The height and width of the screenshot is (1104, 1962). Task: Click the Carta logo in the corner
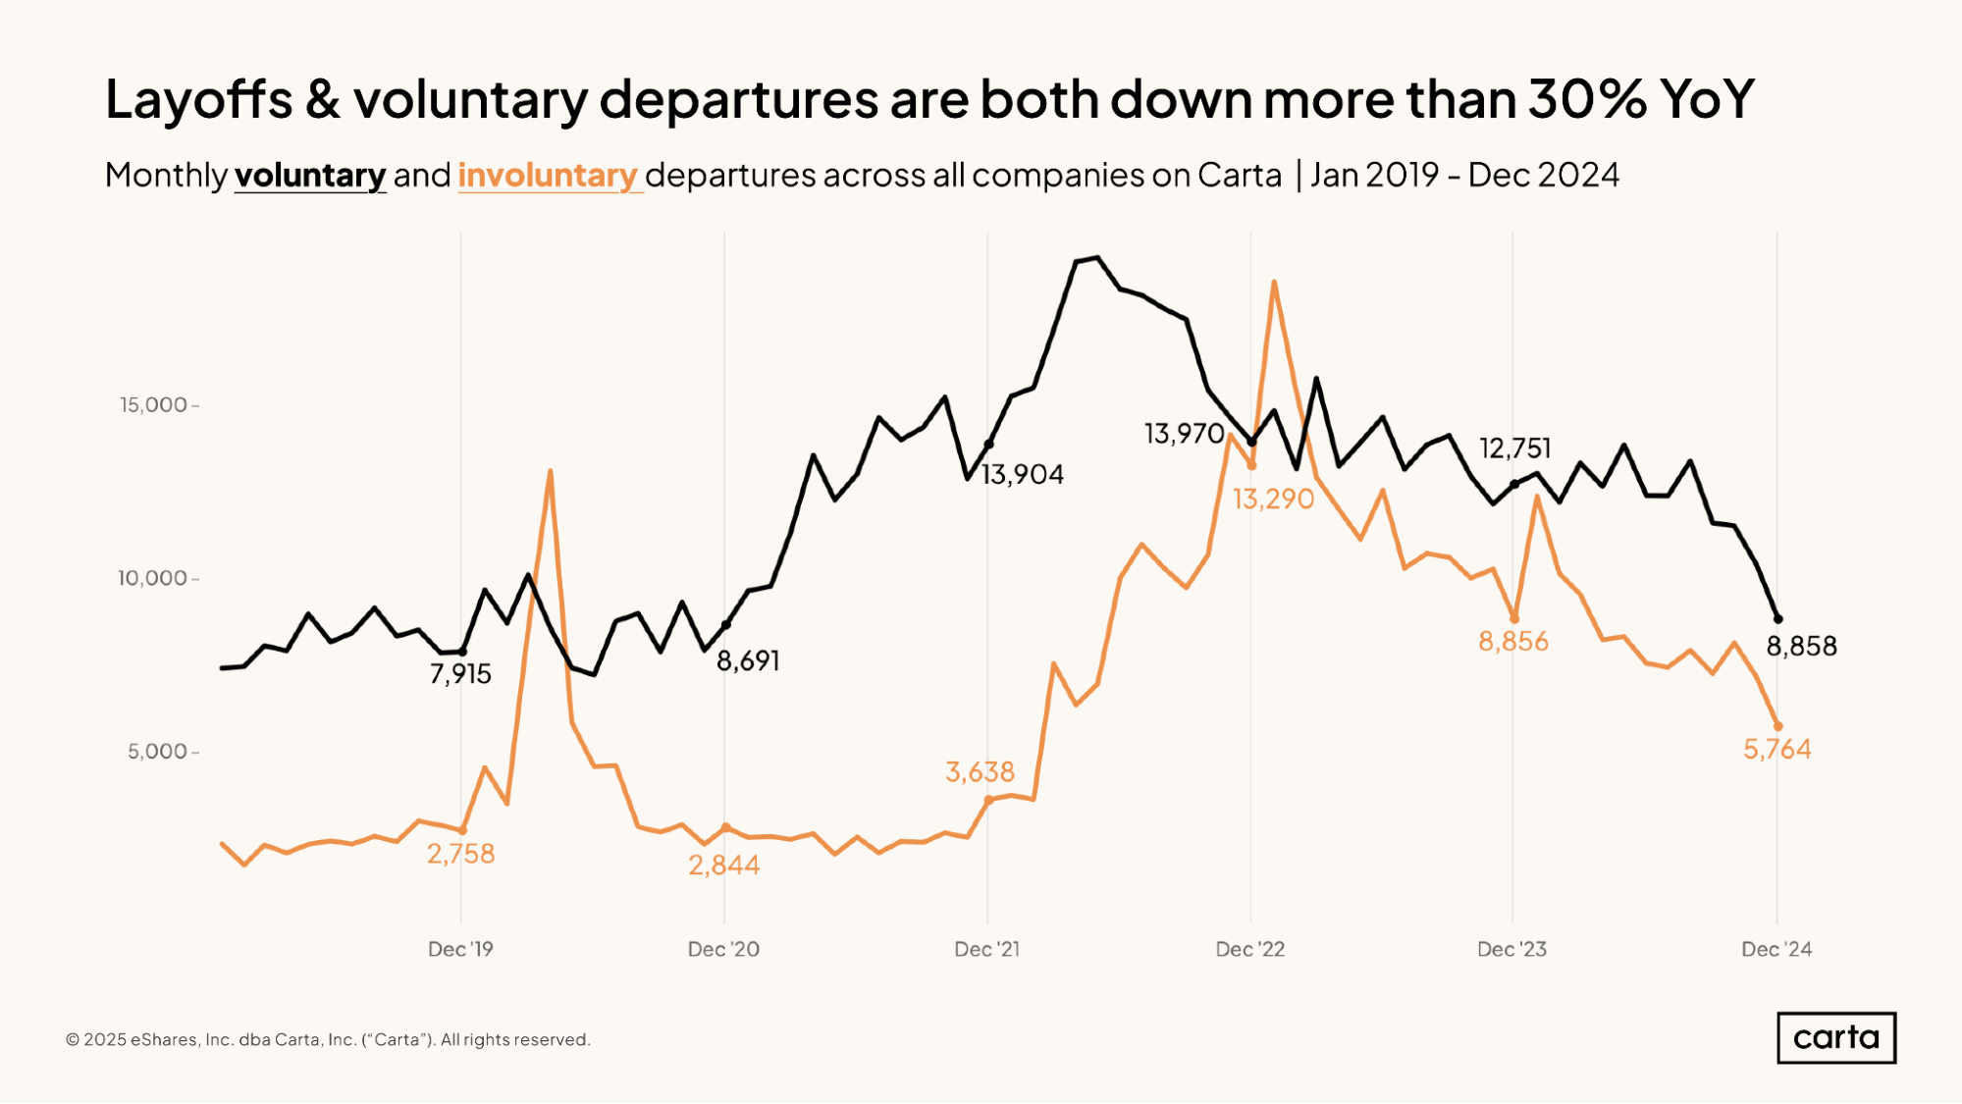(1835, 1037)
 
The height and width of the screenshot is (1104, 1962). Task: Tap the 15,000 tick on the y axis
(153, 405)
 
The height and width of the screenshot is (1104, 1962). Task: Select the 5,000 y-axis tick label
(157, 752)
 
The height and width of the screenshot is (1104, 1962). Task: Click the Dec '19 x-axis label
(460, 949)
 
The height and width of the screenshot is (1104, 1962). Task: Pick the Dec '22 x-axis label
(1249, 949)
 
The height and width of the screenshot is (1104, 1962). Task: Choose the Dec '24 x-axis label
(1776, 949)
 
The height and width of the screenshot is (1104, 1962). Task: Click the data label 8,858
(1801, 646)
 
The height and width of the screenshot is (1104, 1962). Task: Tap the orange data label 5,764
(1776, 750)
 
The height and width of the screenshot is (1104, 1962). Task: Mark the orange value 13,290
(1273, 499)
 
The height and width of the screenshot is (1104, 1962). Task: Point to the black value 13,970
(1184, 434)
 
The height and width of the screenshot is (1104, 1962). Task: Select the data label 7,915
(460, 674)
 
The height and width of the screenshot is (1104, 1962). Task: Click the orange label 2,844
(723, 866)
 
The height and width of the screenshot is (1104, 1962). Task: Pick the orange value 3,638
(980, 772)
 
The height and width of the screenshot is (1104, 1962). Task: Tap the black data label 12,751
(1514, 448)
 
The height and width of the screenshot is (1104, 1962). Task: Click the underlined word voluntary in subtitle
(310, 176)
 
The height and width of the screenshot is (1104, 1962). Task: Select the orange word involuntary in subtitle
(548, 176)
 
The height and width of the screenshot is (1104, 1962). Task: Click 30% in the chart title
(1586, 99)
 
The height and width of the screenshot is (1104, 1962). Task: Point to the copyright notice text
(328, 1040)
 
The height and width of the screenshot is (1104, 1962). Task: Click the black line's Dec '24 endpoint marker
(1777, 619)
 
